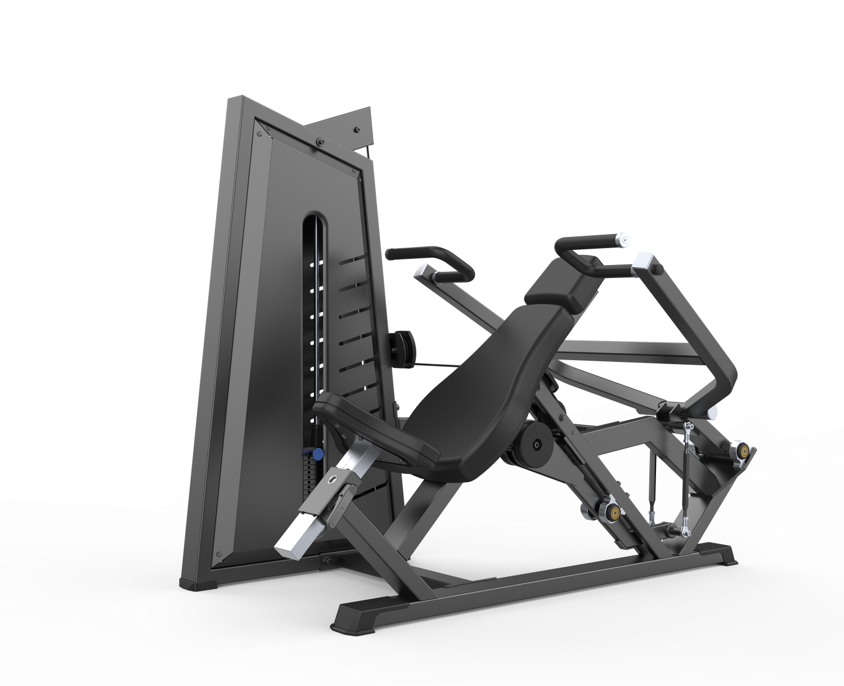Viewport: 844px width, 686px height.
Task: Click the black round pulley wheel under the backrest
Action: [x=537, y=445]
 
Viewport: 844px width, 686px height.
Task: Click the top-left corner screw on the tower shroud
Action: [x=259, y=134]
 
